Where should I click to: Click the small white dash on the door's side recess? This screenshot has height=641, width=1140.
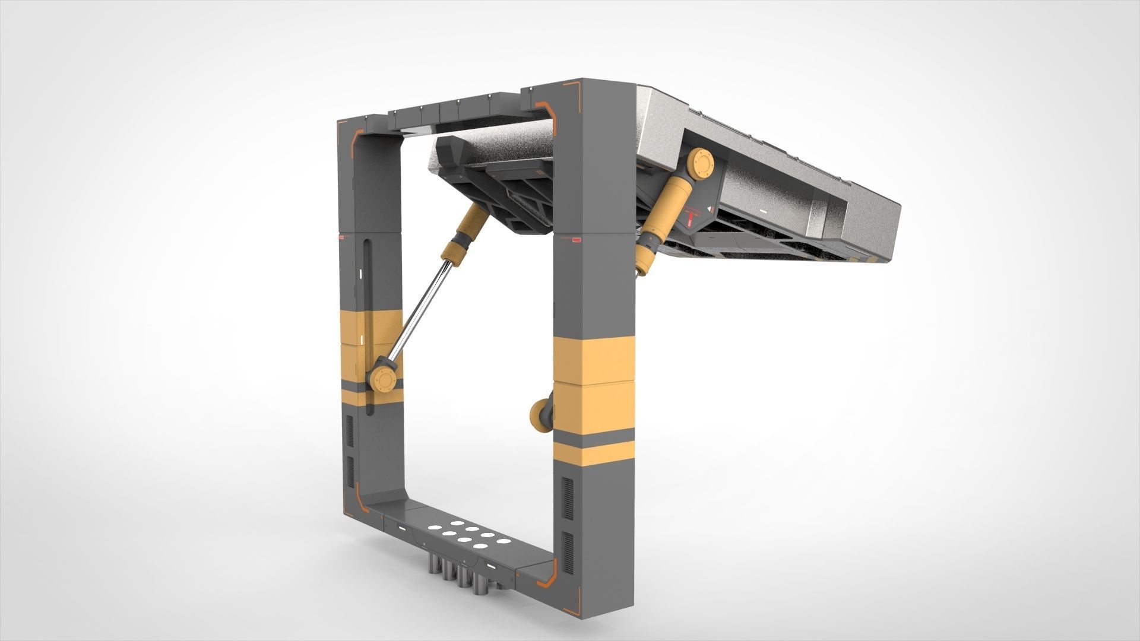click(x=762, y=210)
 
